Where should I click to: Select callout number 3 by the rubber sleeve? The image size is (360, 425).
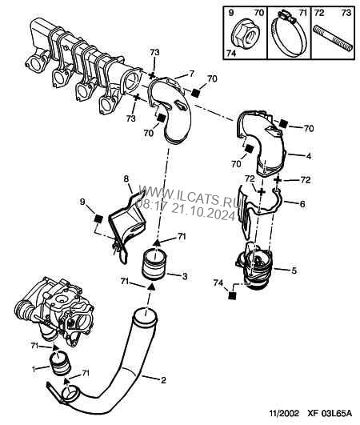click(x=185, y=277)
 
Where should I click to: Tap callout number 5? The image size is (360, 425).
click(x=294, y=271)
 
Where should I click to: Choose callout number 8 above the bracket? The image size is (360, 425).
click(x=126, y=178)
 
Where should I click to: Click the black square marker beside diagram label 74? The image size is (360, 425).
click(x=232, y=295)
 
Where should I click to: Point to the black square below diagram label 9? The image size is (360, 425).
click(x=98, y=218)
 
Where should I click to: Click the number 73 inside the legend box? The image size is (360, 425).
click(x=346, y=13)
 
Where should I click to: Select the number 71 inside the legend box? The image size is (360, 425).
click(x=302, y=13)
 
